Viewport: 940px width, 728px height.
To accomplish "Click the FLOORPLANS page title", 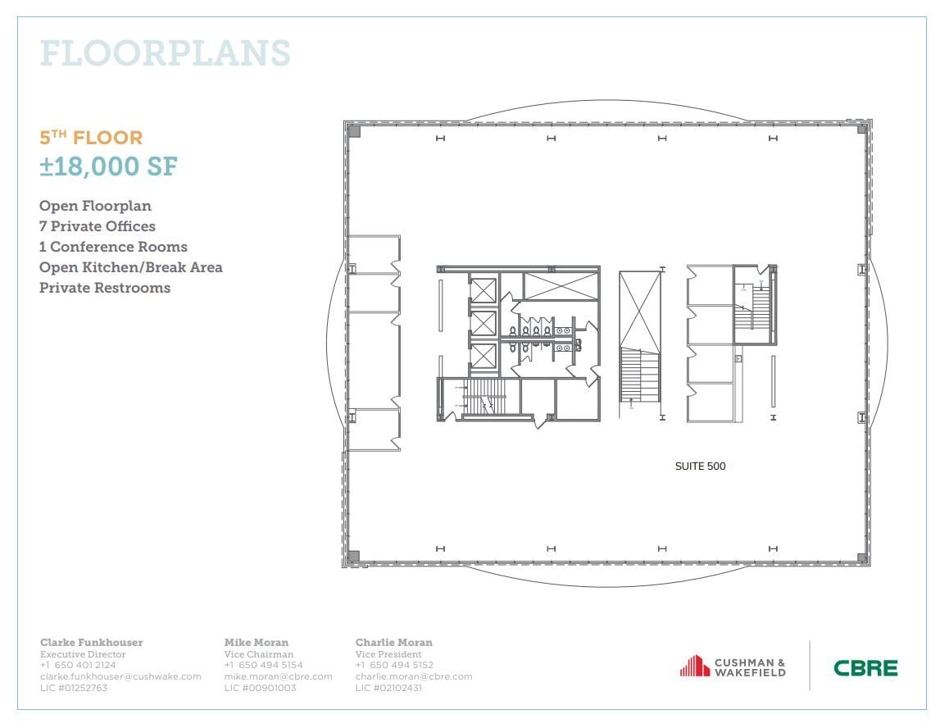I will [165, 53].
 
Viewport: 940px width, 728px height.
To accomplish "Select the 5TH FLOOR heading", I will [91, 138].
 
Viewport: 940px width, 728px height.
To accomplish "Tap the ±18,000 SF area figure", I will [108, 166].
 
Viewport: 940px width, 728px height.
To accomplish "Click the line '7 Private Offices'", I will [97, 226].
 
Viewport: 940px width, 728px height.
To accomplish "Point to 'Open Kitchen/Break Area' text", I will [130, 267].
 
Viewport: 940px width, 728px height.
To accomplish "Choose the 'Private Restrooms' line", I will [105, 288].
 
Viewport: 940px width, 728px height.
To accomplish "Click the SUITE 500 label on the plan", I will [700, 466].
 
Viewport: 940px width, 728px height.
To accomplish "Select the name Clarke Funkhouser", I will [90, 643].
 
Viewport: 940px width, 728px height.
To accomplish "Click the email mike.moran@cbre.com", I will [278, 676].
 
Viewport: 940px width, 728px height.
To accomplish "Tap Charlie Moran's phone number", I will [394, 665].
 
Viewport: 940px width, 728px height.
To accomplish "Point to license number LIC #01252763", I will [74, 688].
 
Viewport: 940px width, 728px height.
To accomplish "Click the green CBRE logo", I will [865, 667].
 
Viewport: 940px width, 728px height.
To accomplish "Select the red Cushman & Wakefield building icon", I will [694, 666].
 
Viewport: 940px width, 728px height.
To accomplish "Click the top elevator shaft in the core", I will [484, 290].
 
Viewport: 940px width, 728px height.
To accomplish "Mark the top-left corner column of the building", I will [354, 130].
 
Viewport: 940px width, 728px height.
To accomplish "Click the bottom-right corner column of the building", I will [861, 557].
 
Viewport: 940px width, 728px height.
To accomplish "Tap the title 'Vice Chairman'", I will [258, 654].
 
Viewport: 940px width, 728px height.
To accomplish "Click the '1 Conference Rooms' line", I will [113, 247].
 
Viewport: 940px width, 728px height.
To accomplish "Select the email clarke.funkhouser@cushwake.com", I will [120, 676].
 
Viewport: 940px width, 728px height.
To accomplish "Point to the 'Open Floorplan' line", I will [95, 206].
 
